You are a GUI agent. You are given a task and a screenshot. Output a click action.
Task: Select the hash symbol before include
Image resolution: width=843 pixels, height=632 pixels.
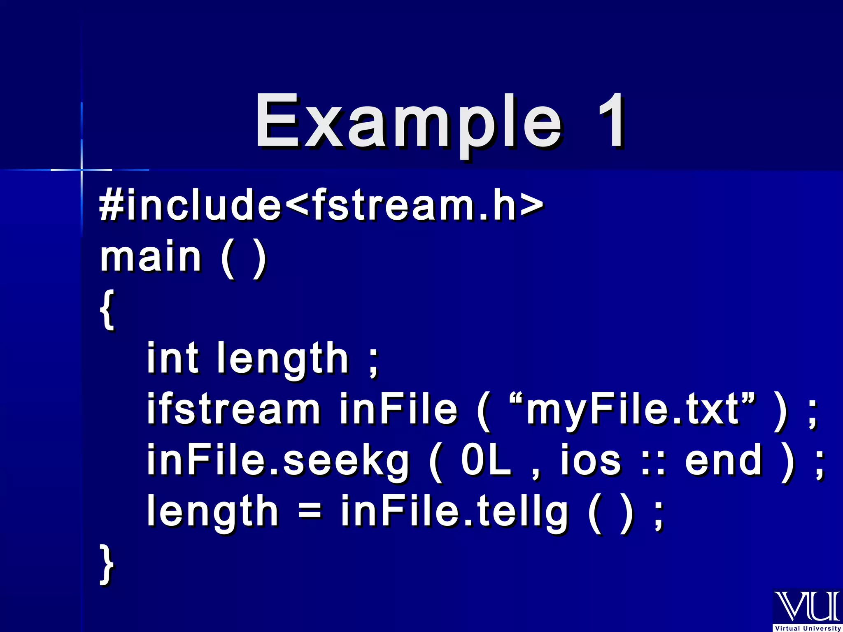coord(111,204)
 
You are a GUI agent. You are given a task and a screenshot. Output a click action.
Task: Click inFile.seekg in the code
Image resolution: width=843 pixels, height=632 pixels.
coord(278,460)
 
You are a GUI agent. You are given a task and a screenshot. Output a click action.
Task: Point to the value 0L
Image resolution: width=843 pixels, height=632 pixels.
coord(486,460)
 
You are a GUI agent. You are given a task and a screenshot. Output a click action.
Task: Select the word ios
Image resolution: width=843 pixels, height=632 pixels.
coord(591,460)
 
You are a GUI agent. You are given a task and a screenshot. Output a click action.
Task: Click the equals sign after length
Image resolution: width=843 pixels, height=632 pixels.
coord(310,511)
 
